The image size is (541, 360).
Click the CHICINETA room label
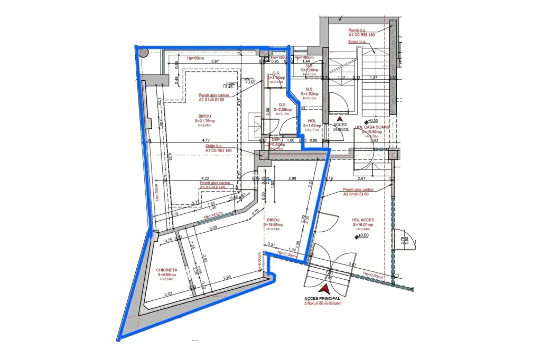click(x=166, y=270)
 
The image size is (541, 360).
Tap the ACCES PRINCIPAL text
click(x=322, y=298)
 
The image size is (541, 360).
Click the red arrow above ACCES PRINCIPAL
click(x=325, y=289)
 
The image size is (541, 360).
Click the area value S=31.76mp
click(x=204, y=120)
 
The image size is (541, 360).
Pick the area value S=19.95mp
click(x=274, y=225)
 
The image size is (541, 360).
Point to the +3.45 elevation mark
click(x=228, y=86)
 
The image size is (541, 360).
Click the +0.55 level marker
click(x=374, y=120)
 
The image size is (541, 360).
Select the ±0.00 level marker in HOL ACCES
click(x=363, y=235)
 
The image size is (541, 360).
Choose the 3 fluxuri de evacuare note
click(x=322, y=304)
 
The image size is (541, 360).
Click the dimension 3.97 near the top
click(x=215, y=62)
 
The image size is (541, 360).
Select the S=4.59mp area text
click(x=166, y=275)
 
